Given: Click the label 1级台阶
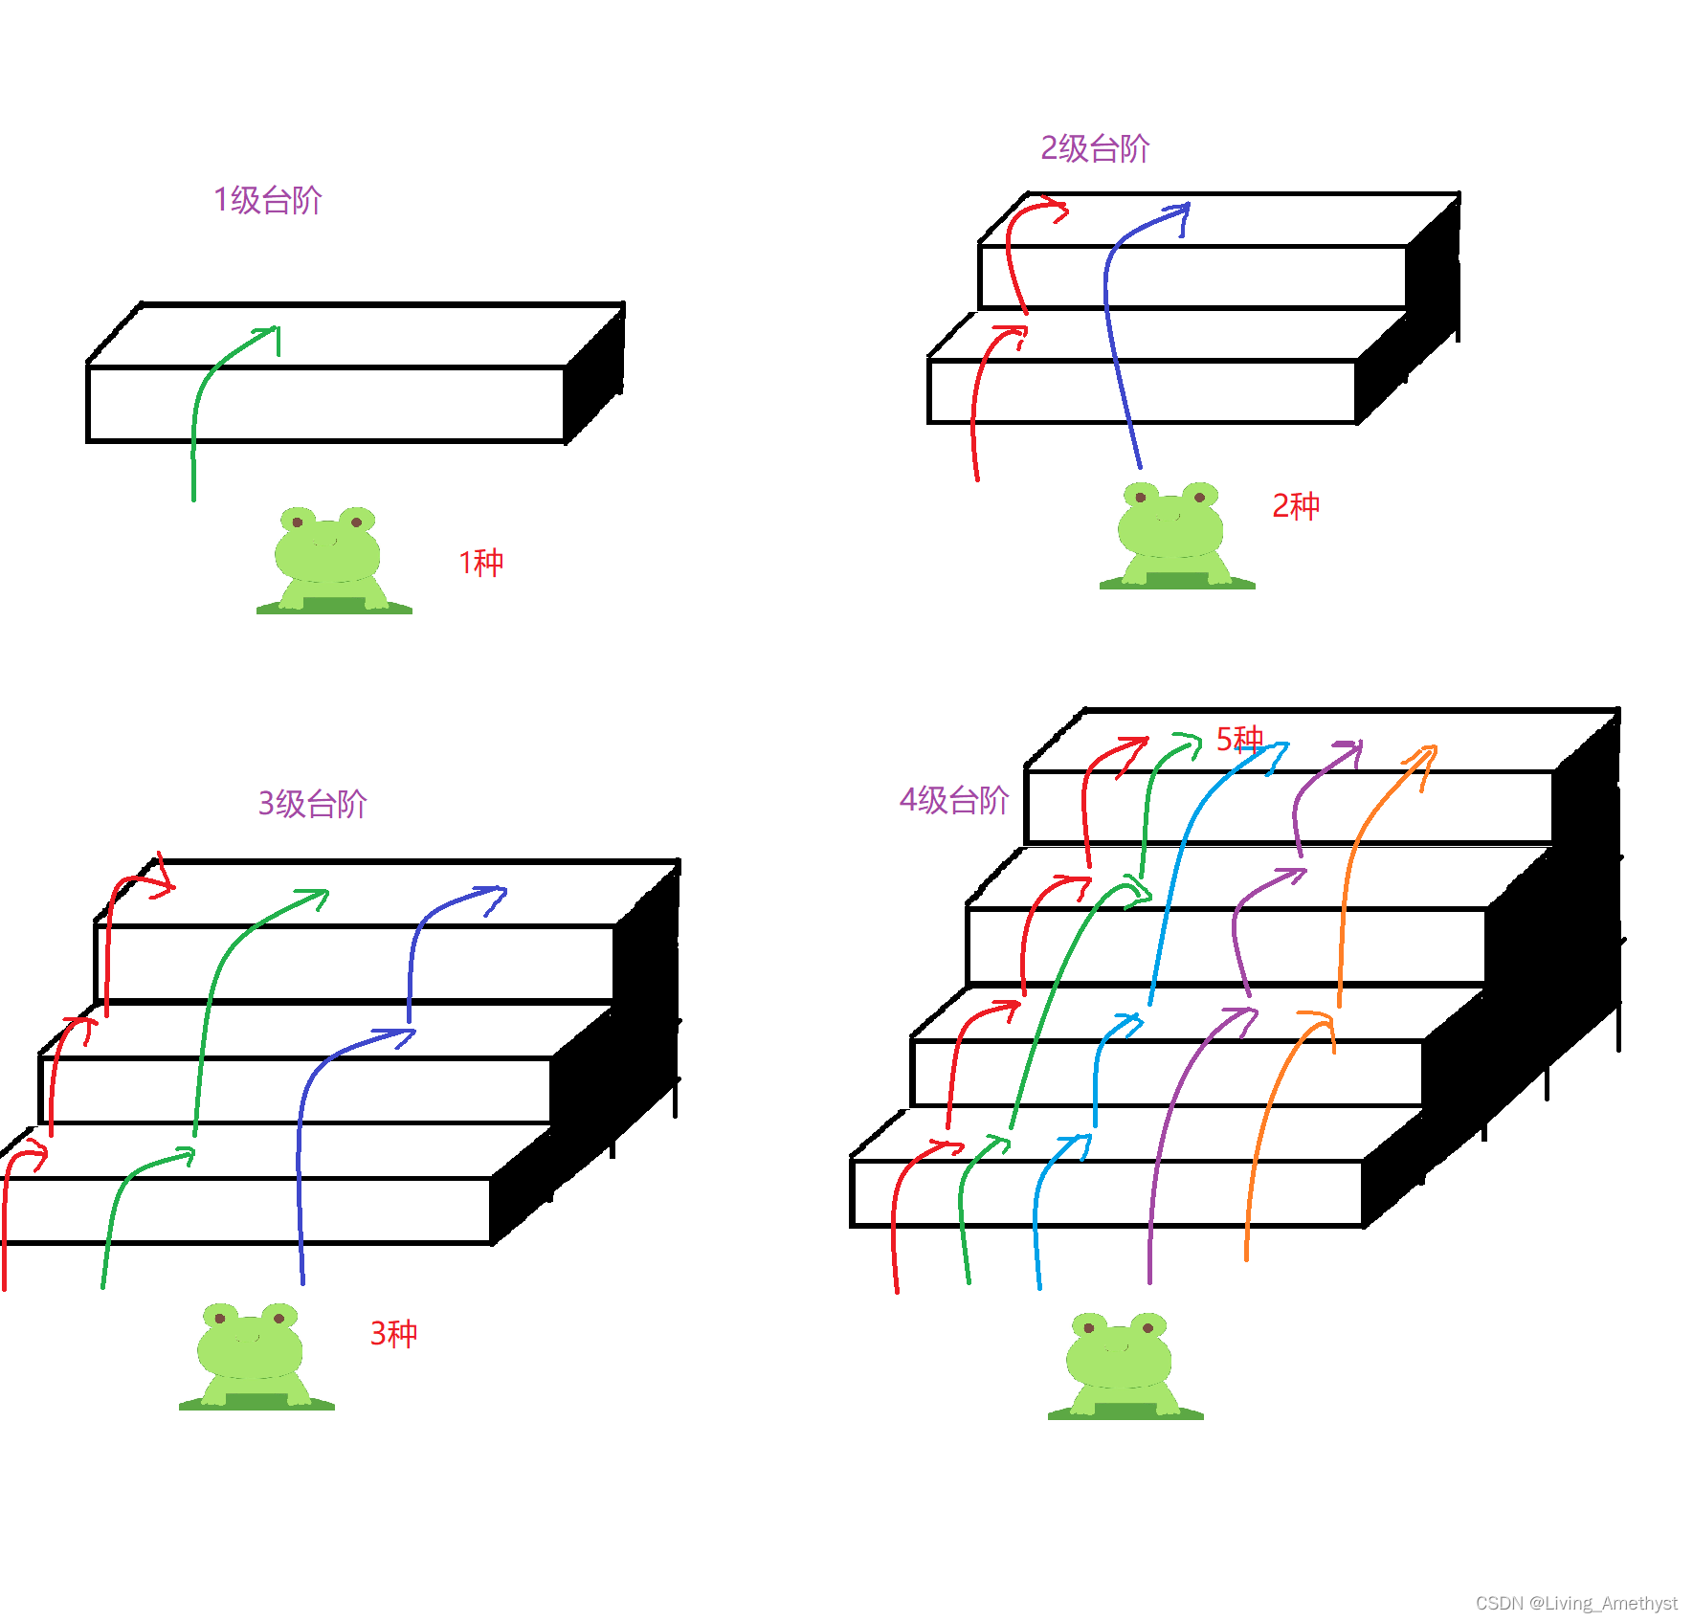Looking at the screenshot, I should (x=268, y=200).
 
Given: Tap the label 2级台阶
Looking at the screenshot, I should (x=1095, y=148).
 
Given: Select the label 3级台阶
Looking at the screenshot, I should (x=312, y=803).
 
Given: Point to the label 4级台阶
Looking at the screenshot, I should (x=954, y=800).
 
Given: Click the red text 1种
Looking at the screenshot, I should (x=480, y=563).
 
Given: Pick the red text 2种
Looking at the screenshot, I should (x=1296, y=505).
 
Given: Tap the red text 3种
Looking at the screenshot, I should (x=393, y=1333).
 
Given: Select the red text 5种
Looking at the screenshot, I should (x=1239, y=739).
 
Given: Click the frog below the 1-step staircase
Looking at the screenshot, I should (x=331, y=561).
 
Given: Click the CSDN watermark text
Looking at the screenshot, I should (x=1575, y=1603).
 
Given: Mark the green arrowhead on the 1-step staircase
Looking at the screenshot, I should (x=272, y=334).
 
